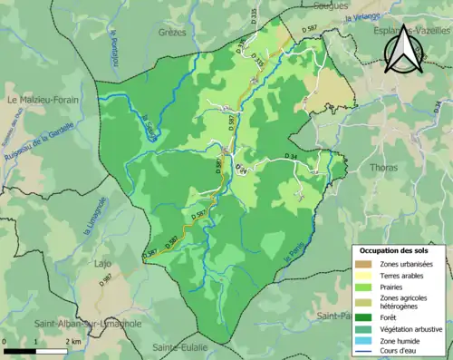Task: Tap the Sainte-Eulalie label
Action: click(180, 347)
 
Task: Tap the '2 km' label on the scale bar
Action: click(72, 342)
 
